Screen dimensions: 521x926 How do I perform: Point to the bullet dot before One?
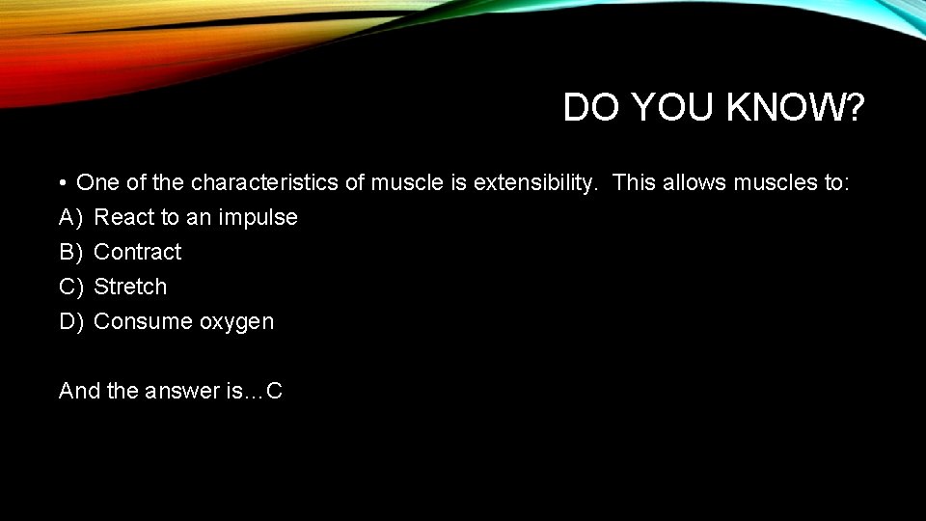point(61,183)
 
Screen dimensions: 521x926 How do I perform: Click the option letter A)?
point(71,217)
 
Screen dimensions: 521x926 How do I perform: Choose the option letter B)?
point(71,252)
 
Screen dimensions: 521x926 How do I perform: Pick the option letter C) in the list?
point(71,287)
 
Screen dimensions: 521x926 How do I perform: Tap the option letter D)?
point(71,321)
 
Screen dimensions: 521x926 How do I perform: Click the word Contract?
point(137,252)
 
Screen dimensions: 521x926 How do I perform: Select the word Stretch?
point(130,287)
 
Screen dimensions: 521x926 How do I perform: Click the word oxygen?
point(236,322)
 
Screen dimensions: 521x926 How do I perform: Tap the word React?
point(123,217)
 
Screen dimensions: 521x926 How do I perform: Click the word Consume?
point(143,321)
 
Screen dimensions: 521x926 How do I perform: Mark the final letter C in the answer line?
point(274,391)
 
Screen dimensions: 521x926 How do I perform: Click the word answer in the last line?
point(180,391)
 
